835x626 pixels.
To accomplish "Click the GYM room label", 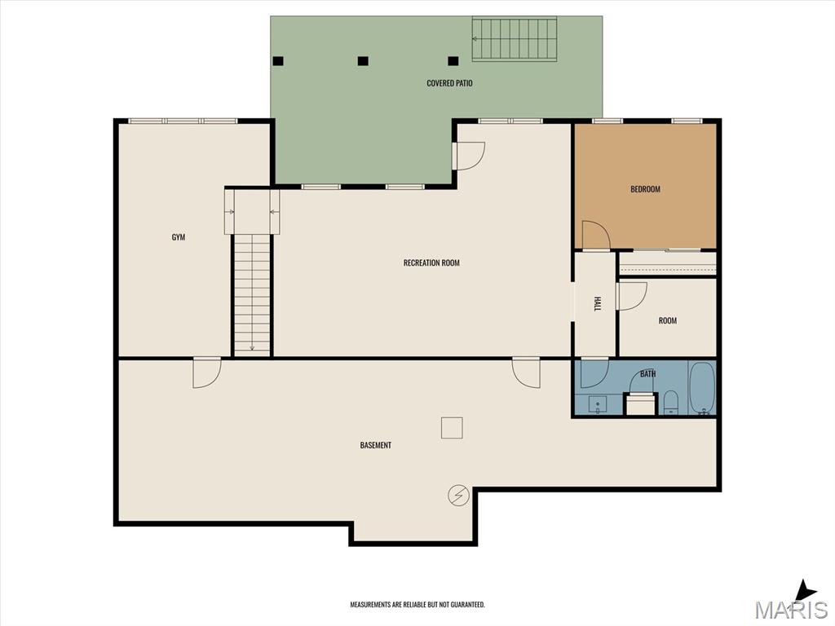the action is pyautogui.click(x=179, y=237).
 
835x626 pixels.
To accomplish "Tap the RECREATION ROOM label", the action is pyautogui.click(x=431, y=262).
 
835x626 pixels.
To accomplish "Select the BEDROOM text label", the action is pyautogui.click(x=646, y=189).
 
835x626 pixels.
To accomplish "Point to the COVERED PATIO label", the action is pyautogui.click(x=449, y=83).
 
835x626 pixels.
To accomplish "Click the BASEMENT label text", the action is pyautogui.click(x=375, y=445).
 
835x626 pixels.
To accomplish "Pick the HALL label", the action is pyautogui.click(x=597, y=304).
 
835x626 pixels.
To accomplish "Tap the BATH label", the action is pyautogui.click(x=647, y=373).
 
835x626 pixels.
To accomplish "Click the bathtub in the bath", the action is pyautogui.click(x=702, y=388).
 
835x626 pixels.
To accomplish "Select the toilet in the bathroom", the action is pyautogui.click(x=670, y=403).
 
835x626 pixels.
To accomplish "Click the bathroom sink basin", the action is pyautogui.click(x=598, y=404).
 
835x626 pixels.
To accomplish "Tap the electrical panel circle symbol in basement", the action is pyautogui.click(x=458, y=496).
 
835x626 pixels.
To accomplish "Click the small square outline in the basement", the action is pyautogui.click(x=452, y=428).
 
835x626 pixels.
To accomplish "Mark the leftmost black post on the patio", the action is pyautogui.click(x=278, y=61).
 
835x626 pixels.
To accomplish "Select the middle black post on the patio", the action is pyautogui.click(x=363, y=61).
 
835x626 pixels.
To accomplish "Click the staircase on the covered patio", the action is pyautogui.click(x=514, y=39).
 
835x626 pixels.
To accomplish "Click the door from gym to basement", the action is pyautogui.click(x=206, y=373).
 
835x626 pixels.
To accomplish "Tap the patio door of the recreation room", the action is pyautogui.click(x=469, y=156).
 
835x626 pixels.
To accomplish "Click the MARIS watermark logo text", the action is pyautogui.click(x=790, y=608).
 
